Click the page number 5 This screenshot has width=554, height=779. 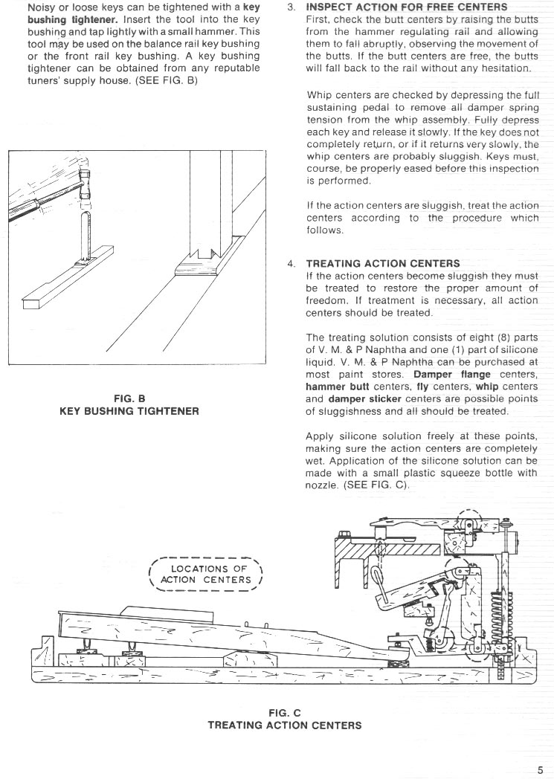click(x=540, y=769)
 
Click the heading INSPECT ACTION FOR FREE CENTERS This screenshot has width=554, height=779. click(x=406, y=7)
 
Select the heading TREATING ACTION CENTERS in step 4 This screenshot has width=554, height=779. click(x=383, y=263)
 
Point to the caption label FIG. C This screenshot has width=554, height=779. click(x=285, y=713)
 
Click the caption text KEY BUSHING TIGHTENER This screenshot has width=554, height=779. click(x=129, y=410)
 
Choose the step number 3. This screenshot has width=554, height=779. click(x=291, y=7)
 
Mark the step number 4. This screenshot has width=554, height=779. click(x=291, y=263)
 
